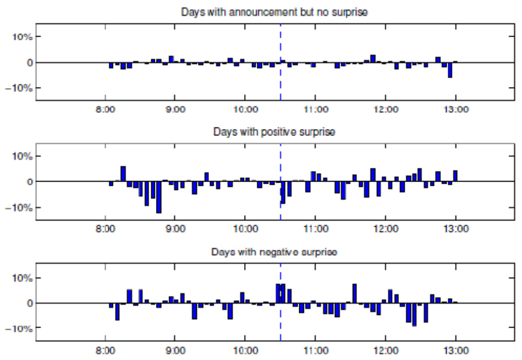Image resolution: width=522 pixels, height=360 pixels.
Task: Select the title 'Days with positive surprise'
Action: (274, 132)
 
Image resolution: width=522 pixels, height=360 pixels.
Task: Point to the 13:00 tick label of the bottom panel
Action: (456, 350)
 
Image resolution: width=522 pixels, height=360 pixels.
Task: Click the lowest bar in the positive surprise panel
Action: (159, 198)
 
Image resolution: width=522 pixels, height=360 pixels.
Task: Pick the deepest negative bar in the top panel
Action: (450, 70)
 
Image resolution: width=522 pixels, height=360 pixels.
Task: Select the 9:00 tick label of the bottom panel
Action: (175, 350)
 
